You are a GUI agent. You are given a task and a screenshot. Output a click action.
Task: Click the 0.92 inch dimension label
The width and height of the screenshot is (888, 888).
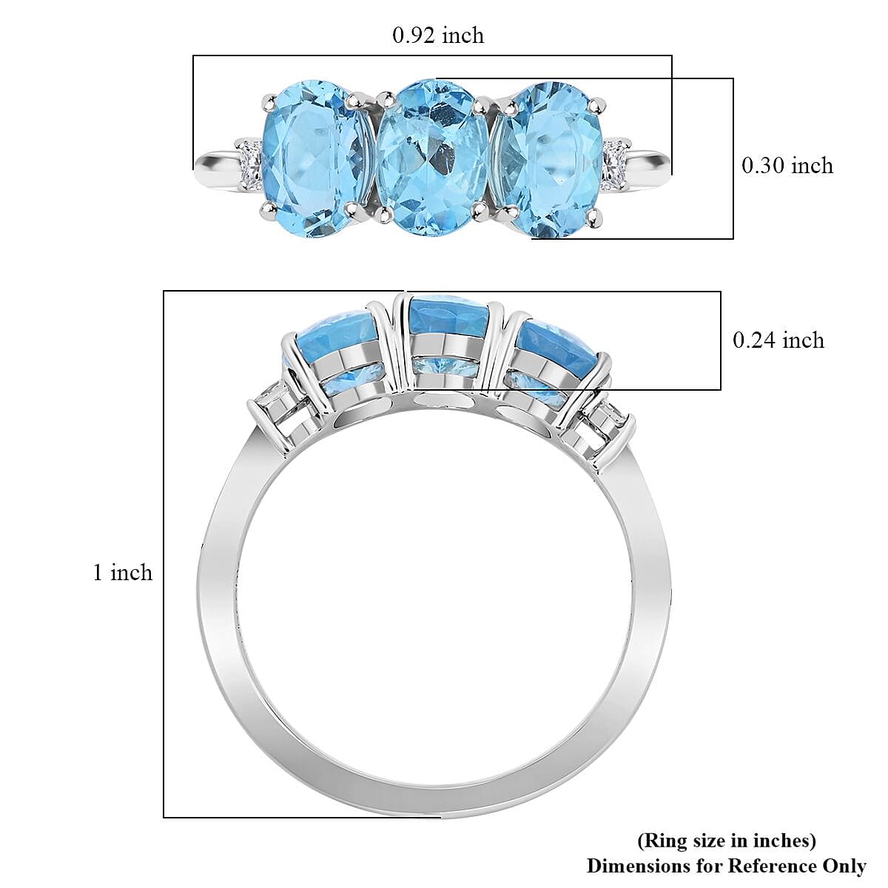438,36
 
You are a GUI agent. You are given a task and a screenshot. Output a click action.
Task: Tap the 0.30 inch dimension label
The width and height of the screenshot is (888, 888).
787,165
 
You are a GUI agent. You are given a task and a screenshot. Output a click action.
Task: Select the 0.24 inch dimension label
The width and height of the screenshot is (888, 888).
778,340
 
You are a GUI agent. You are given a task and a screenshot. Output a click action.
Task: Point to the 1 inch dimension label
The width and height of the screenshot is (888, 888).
123,572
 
